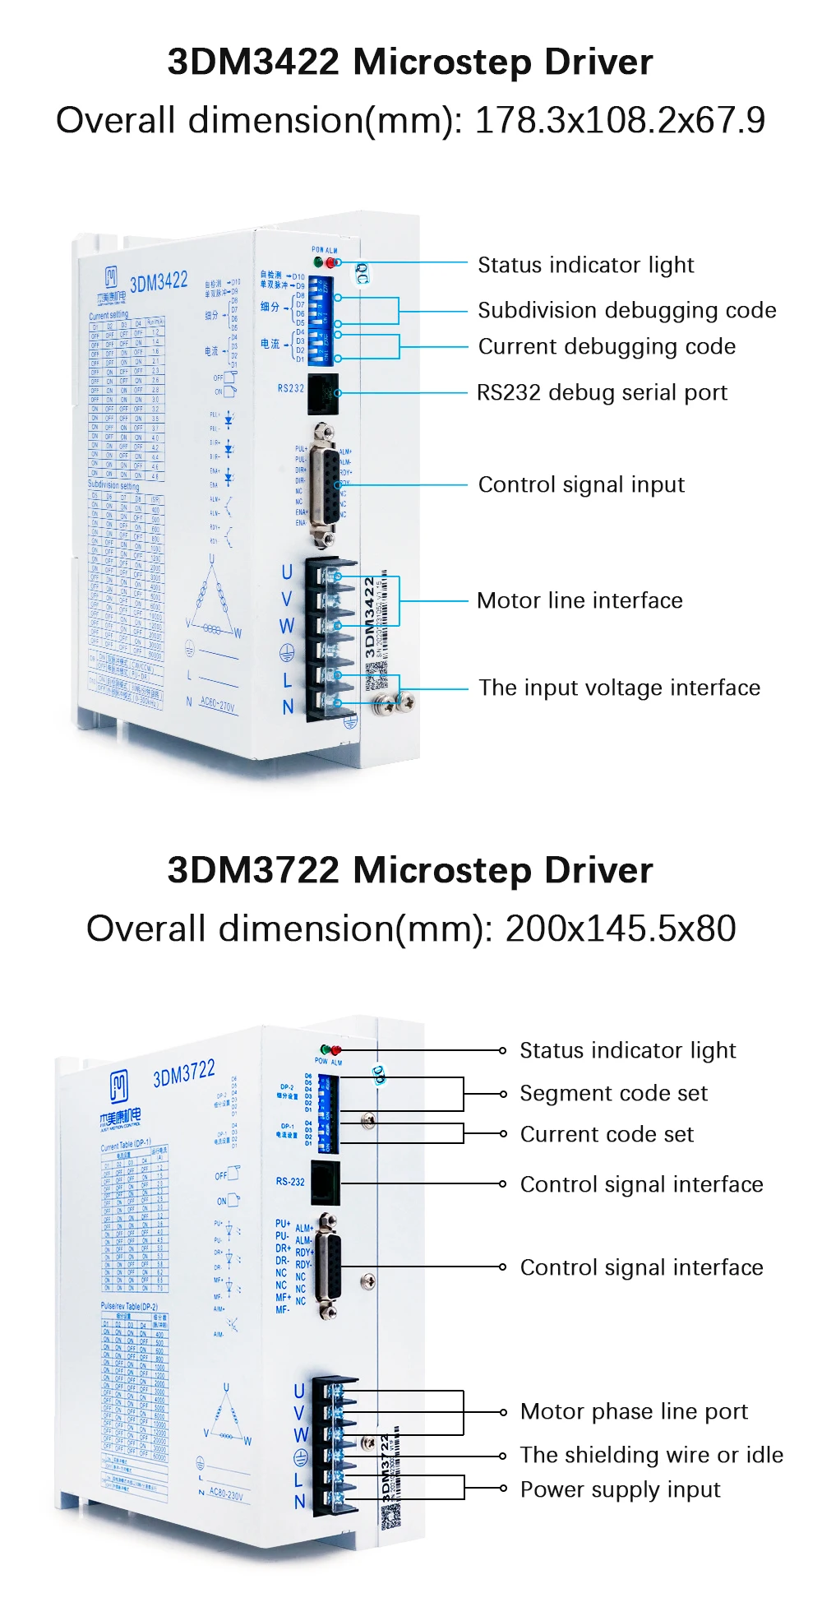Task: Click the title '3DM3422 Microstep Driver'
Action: coord(410,63)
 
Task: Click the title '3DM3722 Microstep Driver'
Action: coord(410,871)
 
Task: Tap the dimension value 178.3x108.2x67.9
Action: coord(620,120)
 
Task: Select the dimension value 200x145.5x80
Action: coord(620,929)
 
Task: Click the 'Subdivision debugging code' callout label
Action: coord(626,310)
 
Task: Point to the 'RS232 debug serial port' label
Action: coord(602,392)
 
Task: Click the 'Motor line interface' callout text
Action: coord(580,600)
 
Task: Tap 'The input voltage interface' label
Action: coord(619,688)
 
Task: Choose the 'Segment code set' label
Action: coord(613,1093)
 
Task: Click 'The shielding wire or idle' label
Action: coord(651,1455)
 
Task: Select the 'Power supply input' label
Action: coord(620,1489)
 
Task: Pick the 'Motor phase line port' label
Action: coord(634,1411)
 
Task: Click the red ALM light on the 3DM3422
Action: coord(331,262)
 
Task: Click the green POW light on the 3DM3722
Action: coord(326,1050)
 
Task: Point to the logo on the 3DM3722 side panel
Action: coord(119,1087)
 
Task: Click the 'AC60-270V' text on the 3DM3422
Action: coord(217,705)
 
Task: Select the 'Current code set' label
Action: coord(607,1134)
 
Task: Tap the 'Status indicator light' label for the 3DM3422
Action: coord(585,265)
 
